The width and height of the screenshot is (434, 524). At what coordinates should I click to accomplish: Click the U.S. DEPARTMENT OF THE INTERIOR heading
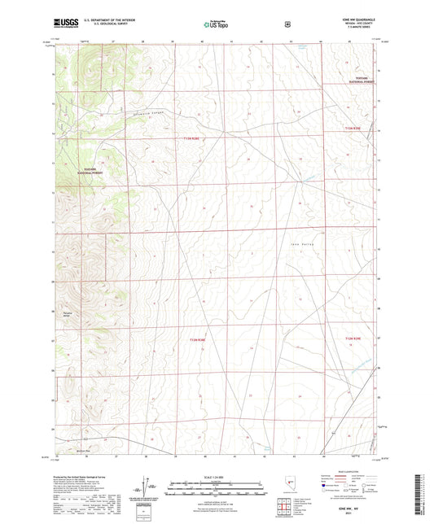tap(106, 19)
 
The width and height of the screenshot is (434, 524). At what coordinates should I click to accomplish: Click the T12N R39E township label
tap(352, 338)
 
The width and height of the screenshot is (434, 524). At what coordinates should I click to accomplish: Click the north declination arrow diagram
tap(147, 485)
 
